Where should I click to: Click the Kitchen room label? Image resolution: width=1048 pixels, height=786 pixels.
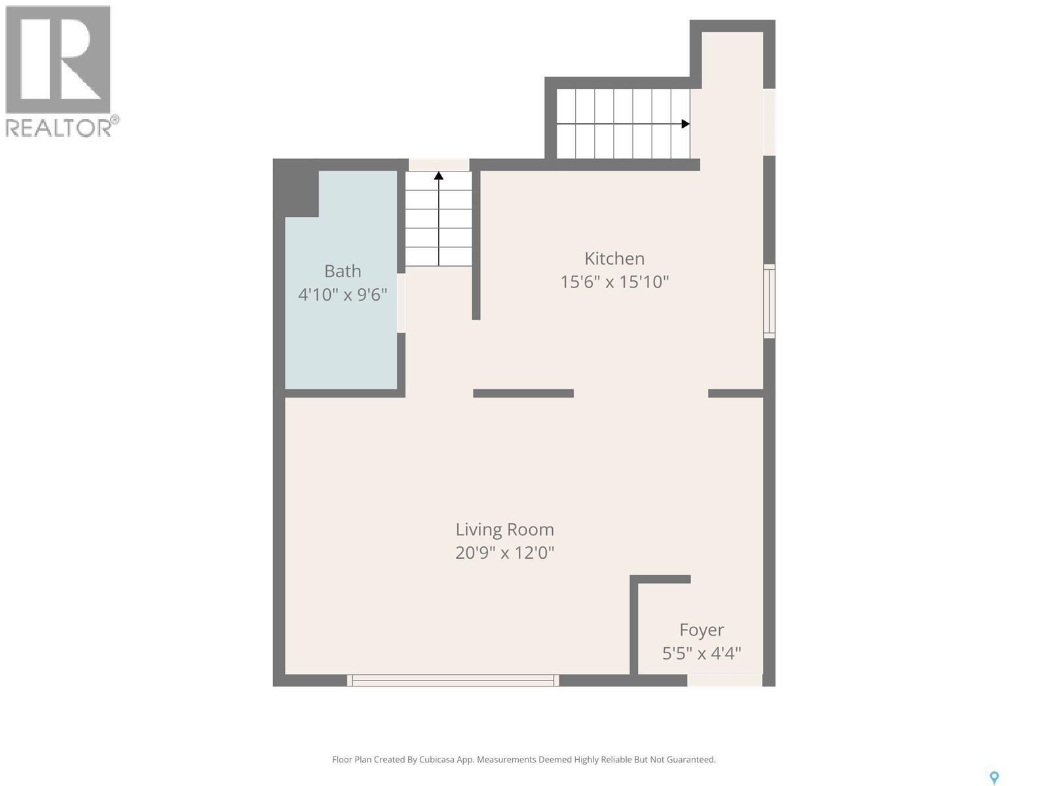pos(614,259)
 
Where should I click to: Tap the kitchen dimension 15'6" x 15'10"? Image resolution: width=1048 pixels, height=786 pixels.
pos(614,282)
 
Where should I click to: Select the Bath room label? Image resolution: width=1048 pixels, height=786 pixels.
pos(343,271)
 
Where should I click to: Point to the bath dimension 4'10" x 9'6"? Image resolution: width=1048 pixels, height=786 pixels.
pos(343,295)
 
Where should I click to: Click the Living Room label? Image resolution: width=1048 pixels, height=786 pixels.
pos(504,529)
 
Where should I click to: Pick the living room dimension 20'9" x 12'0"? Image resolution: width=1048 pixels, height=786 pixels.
pos(504,553)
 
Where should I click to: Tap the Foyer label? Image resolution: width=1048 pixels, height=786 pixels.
pos(702,630)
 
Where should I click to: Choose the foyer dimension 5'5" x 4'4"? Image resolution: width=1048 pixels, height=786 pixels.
pos(702,654)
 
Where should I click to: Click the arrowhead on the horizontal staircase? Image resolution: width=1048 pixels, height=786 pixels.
pos(685,124)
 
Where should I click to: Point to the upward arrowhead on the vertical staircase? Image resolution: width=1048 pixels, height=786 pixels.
pos(439,176)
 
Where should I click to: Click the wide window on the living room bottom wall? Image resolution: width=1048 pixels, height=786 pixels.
pos(453,681)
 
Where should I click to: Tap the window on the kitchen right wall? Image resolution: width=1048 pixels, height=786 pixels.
pos(770,301)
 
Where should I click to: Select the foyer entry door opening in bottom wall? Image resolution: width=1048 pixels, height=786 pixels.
pos(724,681)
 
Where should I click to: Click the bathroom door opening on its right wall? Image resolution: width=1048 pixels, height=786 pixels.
pos(401,303)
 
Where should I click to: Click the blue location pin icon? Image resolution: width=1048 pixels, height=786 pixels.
pos(994,777)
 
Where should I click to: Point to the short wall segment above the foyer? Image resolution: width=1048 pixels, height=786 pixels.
pos(660,579)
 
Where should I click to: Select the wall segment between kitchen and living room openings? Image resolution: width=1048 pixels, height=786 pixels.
pos(523,393)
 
